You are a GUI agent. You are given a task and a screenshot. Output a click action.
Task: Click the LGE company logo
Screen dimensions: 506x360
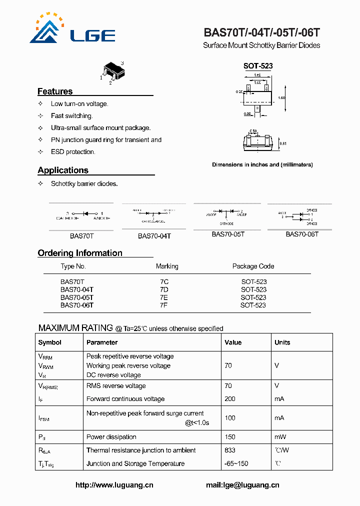click(72, 29)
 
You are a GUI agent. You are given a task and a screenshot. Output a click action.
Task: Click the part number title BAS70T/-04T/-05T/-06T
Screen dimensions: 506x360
click(261, 33)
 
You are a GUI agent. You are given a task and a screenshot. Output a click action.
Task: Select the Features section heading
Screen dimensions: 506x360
click(55, 91)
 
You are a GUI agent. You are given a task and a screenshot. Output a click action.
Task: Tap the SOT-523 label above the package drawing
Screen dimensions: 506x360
click(257, 66)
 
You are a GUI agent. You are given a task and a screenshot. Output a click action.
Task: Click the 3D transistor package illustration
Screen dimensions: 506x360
click(111, 72)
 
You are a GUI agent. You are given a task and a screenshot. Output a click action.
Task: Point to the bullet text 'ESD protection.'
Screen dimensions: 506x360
click(73, 152)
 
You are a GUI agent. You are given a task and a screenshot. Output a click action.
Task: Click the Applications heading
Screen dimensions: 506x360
click(63, 170)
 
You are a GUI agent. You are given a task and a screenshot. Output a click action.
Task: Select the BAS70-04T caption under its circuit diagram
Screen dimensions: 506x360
click(154, 235)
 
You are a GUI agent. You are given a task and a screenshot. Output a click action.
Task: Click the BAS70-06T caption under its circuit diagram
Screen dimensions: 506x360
click(302, 234)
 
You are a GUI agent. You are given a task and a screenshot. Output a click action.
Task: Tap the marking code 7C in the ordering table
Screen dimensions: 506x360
click(164, 282)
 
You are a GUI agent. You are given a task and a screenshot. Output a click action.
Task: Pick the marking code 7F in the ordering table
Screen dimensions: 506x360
click(163, 305)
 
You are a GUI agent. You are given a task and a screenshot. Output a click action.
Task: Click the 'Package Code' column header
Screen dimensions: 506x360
click(253, 266)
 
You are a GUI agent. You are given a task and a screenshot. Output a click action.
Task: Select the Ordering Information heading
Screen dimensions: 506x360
click(80, 253)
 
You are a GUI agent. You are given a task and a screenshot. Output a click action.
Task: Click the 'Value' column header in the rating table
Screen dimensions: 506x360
click(233, 342)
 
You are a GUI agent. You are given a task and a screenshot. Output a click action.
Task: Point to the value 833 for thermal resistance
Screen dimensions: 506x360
click(230, 450)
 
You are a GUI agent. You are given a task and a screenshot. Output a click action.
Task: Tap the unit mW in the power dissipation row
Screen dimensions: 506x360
click(280, 436)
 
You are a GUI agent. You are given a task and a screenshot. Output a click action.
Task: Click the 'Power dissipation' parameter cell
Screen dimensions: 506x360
click(111, 436)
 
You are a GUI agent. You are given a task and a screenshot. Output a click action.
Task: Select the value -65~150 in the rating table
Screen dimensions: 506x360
click(236, 463)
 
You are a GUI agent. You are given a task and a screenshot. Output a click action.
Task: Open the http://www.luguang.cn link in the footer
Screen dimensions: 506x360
click(114, 485)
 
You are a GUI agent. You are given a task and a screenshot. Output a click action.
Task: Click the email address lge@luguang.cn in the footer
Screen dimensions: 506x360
click(242, 485)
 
